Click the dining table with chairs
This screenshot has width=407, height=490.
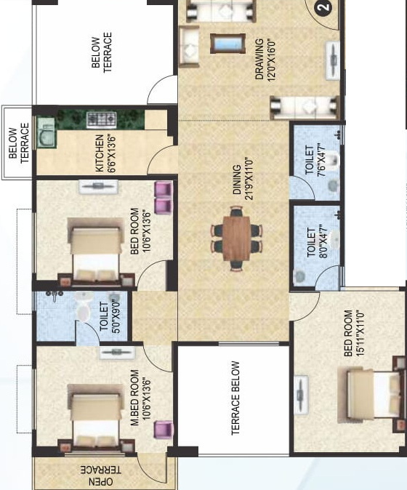click(x=235, y=236)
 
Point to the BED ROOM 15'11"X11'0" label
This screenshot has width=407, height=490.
click(x=353, y=334)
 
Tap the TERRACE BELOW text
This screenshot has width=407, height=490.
click(x=235, y=398)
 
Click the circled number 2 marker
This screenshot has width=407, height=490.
click(x=324, y=9)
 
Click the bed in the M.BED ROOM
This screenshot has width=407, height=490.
click(x=94, y=416)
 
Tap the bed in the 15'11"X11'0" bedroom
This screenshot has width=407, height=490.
click(x=371, y=393)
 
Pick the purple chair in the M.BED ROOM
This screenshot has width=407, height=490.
click(x=163, y=430)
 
